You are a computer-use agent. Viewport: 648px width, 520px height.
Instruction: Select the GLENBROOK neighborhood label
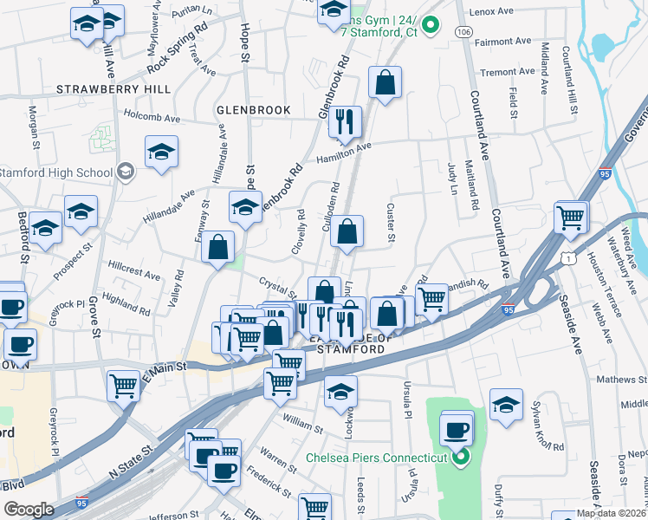point(253,111)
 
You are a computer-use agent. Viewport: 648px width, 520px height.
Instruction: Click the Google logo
point(28,510)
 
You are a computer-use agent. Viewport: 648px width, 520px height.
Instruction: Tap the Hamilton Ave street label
point(343,149)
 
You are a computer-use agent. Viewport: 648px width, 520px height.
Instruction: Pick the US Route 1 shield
point(567,257)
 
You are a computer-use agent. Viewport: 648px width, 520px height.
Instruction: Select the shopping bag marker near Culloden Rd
point(347,232)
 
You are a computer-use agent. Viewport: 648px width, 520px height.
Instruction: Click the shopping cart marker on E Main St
point(123,384)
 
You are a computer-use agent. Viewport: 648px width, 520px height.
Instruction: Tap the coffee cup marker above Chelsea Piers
point(456,429)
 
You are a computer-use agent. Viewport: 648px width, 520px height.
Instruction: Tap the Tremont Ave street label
point(508,72)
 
